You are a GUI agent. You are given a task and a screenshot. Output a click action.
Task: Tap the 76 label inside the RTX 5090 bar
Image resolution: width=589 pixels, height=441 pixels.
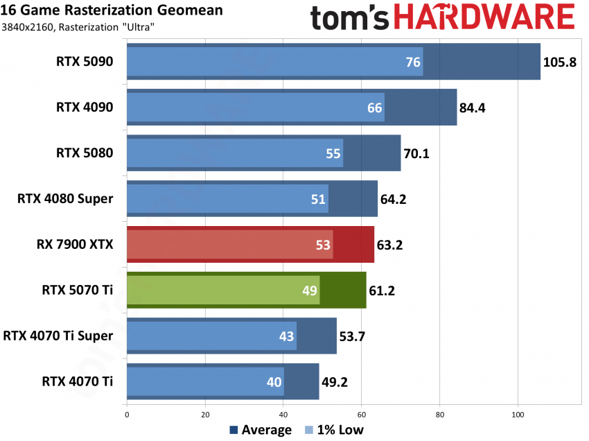[413, 62]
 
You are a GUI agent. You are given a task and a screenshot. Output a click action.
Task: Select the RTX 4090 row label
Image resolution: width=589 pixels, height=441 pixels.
[85, 107]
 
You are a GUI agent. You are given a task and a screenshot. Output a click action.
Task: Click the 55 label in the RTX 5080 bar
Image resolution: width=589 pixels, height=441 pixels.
[333, 153]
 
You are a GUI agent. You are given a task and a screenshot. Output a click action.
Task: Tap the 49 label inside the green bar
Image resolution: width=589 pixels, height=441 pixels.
[310, 291]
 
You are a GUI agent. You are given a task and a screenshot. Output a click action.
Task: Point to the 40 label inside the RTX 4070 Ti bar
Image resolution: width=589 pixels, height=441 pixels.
[274, 381]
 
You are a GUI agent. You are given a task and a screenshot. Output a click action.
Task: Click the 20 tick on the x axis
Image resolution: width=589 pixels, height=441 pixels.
[205, 415]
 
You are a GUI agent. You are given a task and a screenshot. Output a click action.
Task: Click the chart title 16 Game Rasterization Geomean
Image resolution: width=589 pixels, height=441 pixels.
[112, 10]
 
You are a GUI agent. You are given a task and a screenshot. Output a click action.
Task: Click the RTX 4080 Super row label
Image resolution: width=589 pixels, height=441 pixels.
[65, 198]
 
